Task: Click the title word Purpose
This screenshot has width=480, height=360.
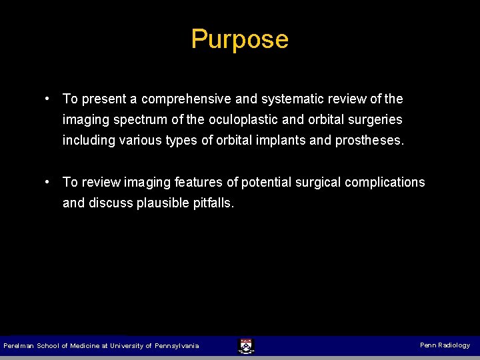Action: coord(239,39)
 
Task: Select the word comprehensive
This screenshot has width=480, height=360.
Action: coord(186,99)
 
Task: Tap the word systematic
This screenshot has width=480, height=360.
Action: coord(292,99)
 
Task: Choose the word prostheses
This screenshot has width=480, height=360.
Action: coord(369,141)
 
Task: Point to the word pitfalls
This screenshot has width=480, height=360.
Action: coord(213,203)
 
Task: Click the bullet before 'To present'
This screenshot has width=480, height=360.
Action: coord(49,99)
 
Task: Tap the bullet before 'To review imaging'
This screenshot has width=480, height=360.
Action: coord(49,181)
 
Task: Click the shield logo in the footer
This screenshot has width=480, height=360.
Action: coord(245,346)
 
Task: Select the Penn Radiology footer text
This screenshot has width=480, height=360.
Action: coord(445,345)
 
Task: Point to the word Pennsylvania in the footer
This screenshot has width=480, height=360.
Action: coord(177,346)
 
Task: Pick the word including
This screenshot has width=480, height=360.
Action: coord(87,141)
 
